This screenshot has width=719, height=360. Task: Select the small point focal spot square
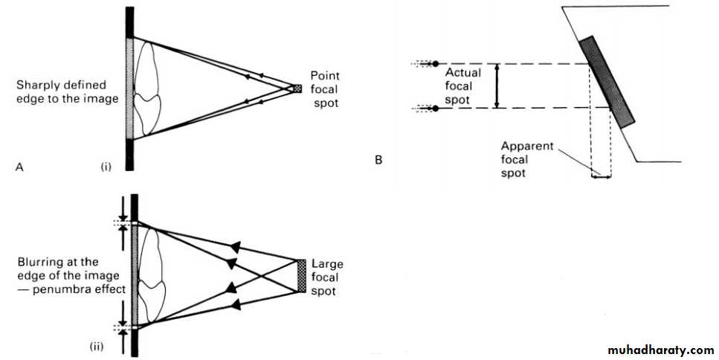298,89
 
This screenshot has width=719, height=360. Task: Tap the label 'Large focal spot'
327,275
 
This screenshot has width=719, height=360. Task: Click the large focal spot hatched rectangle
301,275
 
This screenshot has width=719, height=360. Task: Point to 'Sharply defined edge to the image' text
67,91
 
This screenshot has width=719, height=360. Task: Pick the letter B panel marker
378,158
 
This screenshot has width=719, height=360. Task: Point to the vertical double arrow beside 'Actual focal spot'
497,86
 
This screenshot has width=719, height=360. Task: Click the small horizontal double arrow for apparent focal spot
602,178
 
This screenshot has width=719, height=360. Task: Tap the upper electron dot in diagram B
436,64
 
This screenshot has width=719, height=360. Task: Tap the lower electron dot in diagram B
436,109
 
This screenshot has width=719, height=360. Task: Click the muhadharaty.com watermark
660,350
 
